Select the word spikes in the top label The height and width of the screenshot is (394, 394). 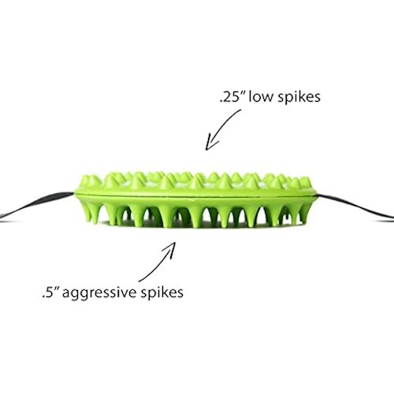299,97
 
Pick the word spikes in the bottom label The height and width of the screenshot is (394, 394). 162,293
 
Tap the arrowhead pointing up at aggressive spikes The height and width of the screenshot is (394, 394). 171,248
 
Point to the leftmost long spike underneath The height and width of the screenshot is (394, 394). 87,211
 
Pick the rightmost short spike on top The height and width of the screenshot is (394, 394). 305,182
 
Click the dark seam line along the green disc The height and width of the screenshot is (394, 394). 195,195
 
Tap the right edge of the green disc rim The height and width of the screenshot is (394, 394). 316,195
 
